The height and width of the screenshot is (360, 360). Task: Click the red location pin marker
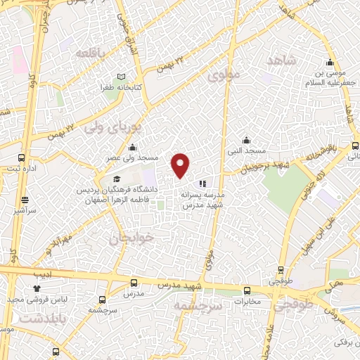tap(181, 165)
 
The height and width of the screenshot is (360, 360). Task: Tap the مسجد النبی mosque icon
tap(245, 140)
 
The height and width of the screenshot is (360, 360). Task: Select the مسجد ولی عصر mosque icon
tap(133, 148)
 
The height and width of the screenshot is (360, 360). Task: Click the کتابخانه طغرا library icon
tap(121, 77)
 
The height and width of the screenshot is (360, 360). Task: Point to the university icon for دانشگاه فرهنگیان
tap(115, 179)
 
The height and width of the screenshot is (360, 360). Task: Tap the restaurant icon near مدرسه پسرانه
tap(202, 184)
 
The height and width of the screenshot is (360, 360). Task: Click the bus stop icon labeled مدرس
tap(134, 283)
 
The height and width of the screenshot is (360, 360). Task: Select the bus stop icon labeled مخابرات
tap(247, 290)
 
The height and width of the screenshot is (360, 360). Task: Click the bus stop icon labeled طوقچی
tap(281, 269)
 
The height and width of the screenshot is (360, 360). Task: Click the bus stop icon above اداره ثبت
tap(21, 157)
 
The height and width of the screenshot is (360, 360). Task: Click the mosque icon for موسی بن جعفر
tap(330, 62)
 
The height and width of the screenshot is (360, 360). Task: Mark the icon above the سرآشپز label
tap(25, 200)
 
